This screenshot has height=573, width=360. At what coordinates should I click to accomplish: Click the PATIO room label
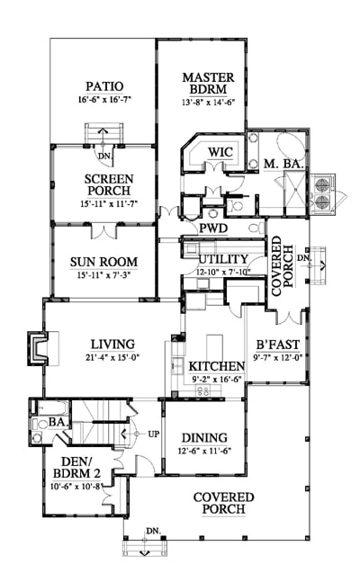click(x=104, y=86)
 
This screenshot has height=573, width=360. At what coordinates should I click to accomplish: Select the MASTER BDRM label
click(x=208, y=83)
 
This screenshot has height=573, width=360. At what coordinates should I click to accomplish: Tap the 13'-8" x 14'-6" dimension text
click(x=208, y=102)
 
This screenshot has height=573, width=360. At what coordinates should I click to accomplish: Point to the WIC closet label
click(x=220, y=152)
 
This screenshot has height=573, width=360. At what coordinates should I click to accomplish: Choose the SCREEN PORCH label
click(x=109, y=184)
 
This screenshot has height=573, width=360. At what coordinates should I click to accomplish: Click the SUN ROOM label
click(x=103, y=262)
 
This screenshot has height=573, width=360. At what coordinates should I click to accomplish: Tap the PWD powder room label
click(x=213, y=228)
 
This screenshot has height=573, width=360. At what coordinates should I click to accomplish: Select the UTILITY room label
click(x=223, y=259)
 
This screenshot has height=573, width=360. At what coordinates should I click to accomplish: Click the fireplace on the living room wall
click(x=37, y=348)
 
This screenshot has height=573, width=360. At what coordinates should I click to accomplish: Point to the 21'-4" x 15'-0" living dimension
click(x=112, y=357)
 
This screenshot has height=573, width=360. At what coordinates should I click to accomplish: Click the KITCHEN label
click(x=216, y=366)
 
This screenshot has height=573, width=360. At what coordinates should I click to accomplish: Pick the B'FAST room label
click(x=277, y=345)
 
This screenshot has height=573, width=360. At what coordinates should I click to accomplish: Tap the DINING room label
click(x=204, y=437)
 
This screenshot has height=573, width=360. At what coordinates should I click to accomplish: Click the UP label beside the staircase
click(x=154, y=434)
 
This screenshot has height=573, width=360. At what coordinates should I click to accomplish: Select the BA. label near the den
click(x=58, y=422)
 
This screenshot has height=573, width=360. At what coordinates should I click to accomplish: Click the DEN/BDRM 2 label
click(x=76, y=467)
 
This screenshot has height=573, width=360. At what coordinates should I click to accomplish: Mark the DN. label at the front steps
click(x=154, y=531)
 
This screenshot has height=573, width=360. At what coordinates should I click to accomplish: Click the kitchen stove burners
click(x=203, y=390)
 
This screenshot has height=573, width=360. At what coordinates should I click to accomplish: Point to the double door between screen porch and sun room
click(x=104, y=231)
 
